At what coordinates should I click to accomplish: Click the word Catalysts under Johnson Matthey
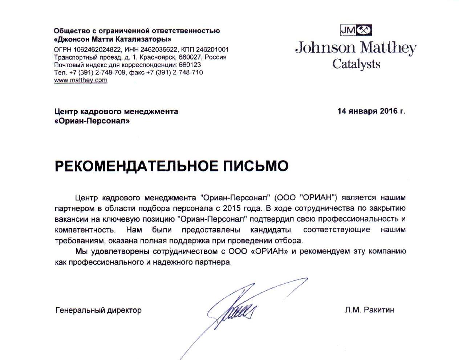[356, 64]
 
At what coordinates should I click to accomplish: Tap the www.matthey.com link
[81, 80]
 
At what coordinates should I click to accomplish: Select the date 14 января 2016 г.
[371, 111]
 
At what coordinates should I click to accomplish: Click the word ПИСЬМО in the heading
[255, 166]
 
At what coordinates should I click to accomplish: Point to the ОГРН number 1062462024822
[97, 50]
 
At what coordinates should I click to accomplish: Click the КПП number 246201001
[212, 50]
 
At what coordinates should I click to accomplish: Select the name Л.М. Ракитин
[370, 310]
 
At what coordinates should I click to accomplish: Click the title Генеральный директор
[98, 310]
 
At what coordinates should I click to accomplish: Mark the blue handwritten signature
[232, 309]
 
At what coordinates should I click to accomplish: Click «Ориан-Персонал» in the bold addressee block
[92, 121]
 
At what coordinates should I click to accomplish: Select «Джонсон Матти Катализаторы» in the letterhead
[113, 39]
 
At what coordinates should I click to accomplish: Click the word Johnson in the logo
[325, 48]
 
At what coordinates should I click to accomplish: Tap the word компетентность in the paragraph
[85, 230]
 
